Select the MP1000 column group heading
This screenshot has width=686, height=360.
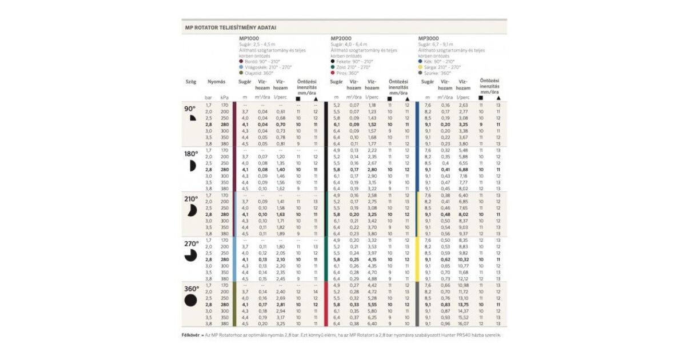tap(249, 38)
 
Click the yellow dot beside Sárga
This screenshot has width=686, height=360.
tap(421, 67)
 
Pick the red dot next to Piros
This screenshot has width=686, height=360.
tap(333, 73)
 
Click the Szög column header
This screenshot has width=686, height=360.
tap(190, 82)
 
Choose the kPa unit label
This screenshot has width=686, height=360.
tap(225, 98)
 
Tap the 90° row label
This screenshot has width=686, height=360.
tap(190, 109)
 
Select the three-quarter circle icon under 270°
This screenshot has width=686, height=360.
tap(190, 255)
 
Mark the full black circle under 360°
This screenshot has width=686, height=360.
tap(190, 300)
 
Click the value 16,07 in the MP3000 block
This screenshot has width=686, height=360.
tap(463, 323)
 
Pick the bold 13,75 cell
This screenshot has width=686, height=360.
tap(463, 305)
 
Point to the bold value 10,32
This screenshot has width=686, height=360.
tap(463, 259)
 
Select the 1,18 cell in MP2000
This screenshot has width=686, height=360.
tap(372, 105)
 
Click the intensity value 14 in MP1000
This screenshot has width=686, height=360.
tap(315, 291)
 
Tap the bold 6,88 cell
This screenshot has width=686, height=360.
tap(463, 169)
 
